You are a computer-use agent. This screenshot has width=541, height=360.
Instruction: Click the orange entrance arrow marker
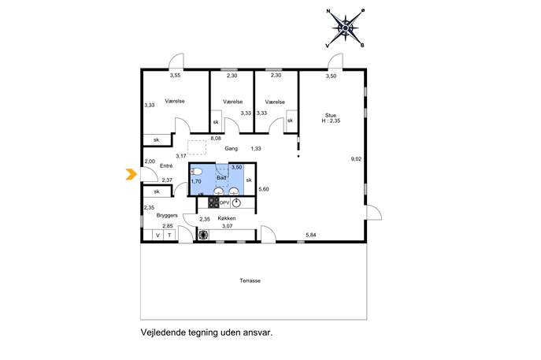click(131, 174)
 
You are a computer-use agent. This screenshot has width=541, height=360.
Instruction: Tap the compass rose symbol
click(345, 28)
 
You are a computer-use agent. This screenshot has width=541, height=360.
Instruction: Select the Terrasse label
click(250, 280)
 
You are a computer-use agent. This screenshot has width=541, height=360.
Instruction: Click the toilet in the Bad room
click(196, 171)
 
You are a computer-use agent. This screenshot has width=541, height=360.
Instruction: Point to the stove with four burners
click(213, 202)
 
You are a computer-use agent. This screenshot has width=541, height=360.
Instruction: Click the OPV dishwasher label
click(224, 203)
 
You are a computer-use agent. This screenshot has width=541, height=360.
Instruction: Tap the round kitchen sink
click(236, 203)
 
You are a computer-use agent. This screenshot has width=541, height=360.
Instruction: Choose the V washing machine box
click(158, 236)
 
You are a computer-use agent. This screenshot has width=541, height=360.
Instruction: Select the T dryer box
click(169, 236)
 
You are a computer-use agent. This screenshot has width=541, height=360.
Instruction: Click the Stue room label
click(331, 115)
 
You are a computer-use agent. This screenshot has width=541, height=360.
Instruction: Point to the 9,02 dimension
click(356, 159)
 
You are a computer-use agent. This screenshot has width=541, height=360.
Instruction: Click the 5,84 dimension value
click(311, 235)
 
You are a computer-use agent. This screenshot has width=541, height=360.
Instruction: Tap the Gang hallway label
click(232, 148)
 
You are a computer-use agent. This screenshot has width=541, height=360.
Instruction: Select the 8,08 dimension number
click(216, 139)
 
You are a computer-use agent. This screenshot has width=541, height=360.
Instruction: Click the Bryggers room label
click(167, 215)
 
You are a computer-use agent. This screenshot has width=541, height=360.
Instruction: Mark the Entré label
click(166, 165)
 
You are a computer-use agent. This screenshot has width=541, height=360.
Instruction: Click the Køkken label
click(227, 218)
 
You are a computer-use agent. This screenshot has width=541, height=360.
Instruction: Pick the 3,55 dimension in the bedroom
click(175, 75)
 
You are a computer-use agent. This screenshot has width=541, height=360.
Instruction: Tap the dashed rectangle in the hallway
click(197, 147)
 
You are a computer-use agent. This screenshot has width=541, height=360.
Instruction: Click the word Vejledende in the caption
click(161, 332)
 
